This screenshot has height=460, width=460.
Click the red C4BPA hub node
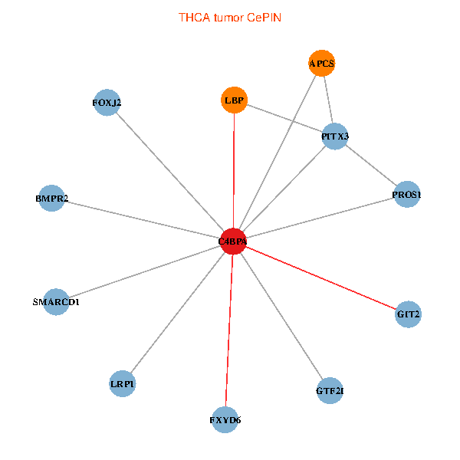coord(233,242)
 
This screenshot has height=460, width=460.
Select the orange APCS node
coord(322,63)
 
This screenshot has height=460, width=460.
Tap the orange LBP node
coord(234,100)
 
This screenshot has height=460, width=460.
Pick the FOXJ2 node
coord(107,103)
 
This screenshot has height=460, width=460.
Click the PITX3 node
coord(335,136)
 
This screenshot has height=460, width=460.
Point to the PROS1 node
coord(407,194)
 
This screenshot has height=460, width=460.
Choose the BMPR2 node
coord(51,198)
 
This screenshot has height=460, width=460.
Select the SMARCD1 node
coord(56,302)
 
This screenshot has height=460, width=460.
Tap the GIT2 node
coord(408,314)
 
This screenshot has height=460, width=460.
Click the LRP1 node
coord(123,384)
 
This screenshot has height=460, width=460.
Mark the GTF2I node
coord(330,391)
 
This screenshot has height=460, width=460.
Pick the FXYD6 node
coord(225,420)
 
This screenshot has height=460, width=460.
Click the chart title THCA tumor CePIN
coord(230,18)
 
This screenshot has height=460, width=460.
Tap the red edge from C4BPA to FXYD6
coord(229,330)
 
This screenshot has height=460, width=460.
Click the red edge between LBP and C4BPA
coord(234,170)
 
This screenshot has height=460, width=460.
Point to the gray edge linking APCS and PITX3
coord(328,100)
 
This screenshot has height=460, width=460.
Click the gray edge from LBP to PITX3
coord(284,118)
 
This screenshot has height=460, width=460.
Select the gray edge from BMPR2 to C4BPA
coord(143,219)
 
